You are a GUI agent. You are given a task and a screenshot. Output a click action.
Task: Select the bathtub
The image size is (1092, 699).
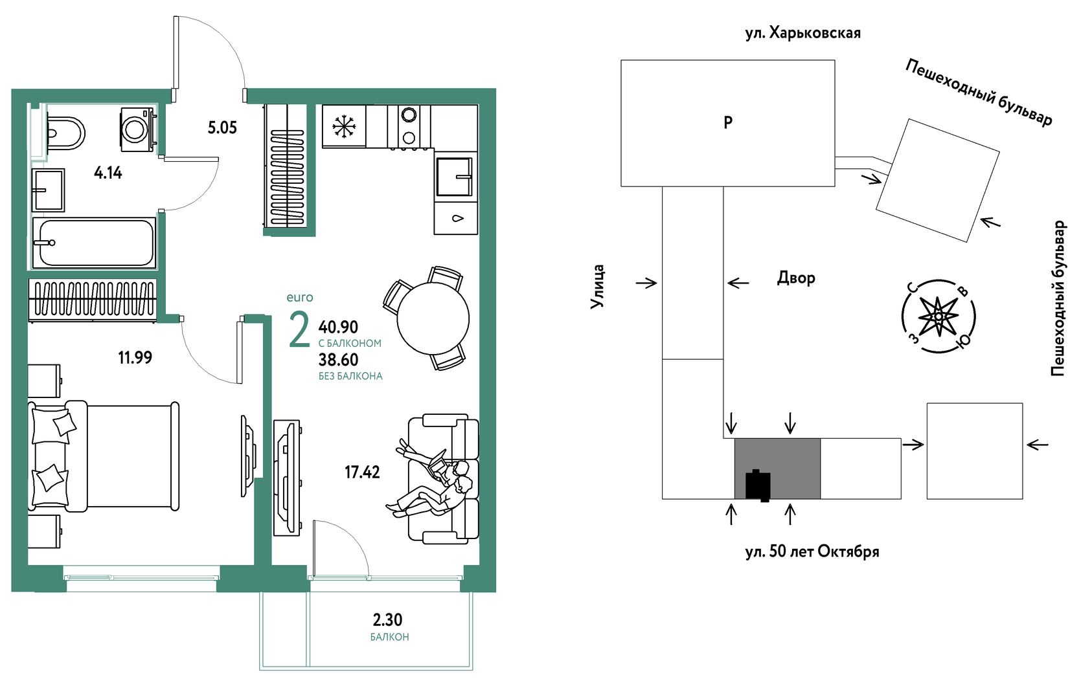click(x=94, y=243)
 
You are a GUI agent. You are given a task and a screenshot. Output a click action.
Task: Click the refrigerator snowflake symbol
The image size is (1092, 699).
click(x=344, y=126)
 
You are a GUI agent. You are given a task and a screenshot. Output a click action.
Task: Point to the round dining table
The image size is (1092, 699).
click(x=433, y=318)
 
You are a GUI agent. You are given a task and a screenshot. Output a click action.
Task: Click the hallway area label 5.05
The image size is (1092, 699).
click(x=222, y=128)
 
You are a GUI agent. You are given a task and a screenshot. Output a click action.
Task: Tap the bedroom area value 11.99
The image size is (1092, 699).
click(x=135, y=357)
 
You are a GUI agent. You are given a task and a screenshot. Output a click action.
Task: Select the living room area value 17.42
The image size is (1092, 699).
click(x=362, y=472)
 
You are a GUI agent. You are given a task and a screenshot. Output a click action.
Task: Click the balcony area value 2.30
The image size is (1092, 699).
click(x=387, y=620)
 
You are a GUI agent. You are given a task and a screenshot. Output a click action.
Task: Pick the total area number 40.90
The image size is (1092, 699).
click(x=338, y=326)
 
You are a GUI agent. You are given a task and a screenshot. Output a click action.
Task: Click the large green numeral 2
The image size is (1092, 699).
click(x=299, y=330)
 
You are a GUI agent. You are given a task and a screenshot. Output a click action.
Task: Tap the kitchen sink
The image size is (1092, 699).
click(x=454, y=176)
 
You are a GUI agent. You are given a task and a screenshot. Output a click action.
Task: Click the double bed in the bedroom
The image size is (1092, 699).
click(x=104, y=456)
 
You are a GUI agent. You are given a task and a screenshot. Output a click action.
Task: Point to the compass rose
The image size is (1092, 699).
click(x=938, y=316)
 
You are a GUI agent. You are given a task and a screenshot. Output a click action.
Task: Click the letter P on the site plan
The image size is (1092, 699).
click(x=728, y=122)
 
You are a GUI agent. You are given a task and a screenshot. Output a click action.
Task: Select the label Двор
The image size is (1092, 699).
click(x=796, y=278)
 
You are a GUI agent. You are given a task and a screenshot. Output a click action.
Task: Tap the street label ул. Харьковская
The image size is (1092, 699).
click(x=803, y=33)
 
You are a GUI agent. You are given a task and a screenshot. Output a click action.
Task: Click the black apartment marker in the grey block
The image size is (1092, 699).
click(x=758, y=485)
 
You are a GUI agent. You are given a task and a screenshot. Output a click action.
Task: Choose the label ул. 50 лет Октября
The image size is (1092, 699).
click(x=812, y=551)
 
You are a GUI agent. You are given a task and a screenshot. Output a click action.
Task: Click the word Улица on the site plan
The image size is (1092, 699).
click(x=597, y=287)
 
